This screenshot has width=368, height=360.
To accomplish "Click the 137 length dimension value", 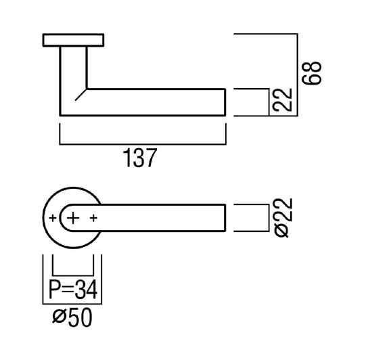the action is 140,158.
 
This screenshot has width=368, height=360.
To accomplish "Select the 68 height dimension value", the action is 311,73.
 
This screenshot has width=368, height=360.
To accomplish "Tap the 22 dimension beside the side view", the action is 283,99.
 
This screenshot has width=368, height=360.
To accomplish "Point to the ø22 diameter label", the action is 283,218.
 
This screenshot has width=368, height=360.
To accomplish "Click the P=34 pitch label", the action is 73,290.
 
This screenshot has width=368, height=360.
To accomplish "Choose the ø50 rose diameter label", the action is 72,317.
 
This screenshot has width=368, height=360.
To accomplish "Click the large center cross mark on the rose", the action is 73,218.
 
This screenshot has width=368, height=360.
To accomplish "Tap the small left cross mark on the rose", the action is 53,218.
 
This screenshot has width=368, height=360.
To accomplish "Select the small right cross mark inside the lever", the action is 93,218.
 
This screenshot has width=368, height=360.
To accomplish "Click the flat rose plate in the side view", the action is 73,40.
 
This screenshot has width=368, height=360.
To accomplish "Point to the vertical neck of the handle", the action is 74,68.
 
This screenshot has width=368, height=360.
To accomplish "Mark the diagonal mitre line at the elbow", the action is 81,95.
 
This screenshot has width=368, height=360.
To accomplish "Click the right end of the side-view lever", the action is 225,102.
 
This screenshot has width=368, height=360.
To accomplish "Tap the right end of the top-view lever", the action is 225,218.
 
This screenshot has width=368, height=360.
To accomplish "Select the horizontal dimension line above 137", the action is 143,144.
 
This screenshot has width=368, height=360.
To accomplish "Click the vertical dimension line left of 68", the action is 298,75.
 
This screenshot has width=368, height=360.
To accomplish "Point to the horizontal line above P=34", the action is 73,275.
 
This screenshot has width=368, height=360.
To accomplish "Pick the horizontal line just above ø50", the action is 72,304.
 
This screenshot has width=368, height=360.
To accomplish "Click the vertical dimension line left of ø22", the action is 269,218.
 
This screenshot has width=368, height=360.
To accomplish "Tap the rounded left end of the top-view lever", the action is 60,218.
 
